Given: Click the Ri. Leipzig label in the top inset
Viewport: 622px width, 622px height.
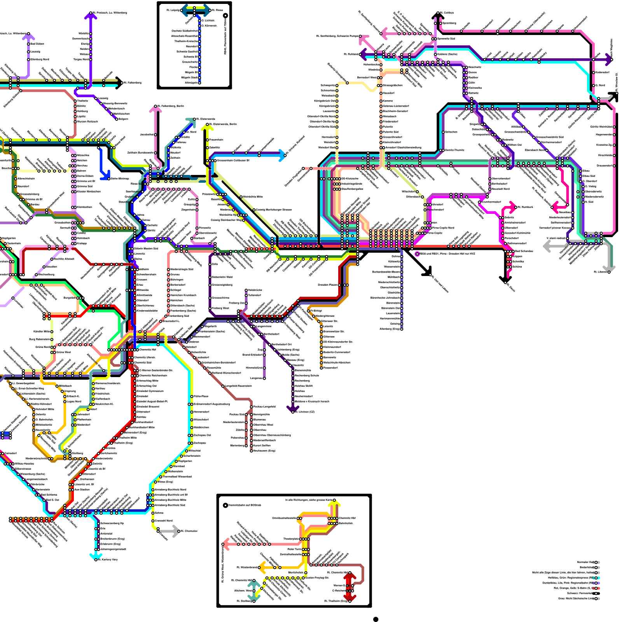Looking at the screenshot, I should [173, 10].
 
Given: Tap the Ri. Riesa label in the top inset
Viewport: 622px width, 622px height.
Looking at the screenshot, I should [218, 10].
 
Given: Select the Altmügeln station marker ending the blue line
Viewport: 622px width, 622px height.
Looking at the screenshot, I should [200, 83].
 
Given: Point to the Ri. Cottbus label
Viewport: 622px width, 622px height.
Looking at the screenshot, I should [447, 13].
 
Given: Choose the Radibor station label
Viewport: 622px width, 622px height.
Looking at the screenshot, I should [473, 77].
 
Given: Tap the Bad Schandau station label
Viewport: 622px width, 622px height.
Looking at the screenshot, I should [524, 251].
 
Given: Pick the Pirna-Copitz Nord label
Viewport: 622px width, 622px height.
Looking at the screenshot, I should [443, 228].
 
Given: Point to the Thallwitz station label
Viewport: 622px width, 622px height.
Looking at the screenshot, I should [83, 101].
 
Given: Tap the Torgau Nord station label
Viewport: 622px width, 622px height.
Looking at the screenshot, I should [81, 59].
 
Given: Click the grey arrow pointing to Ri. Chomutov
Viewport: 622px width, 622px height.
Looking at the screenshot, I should [173, 531].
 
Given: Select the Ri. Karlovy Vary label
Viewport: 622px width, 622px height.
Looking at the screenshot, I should [108, 559].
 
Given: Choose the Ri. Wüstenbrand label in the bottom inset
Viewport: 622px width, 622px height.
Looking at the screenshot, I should [247, 568].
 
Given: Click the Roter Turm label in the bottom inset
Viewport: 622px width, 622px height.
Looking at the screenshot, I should [294, 549].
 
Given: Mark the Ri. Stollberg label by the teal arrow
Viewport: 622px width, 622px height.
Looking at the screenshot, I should [244, 601].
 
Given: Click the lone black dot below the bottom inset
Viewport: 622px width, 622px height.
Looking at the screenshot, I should [376, 619].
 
